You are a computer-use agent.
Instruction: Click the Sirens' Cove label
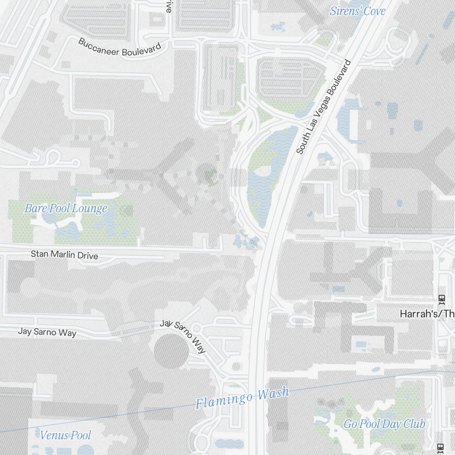357,11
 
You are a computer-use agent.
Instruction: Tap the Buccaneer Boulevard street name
120,48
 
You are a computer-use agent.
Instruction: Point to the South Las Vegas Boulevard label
324,106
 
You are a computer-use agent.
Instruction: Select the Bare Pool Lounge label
66,209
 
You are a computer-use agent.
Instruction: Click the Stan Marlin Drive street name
64,255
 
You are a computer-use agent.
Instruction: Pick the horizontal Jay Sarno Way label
47,332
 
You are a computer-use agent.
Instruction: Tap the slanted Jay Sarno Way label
183,336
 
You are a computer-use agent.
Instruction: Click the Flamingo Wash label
242,398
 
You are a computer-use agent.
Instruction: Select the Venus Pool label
66,435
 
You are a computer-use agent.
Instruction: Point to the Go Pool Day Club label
384,424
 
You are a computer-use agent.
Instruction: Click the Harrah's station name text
427,313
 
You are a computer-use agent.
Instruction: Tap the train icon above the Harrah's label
441,299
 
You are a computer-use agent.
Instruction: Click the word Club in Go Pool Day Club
415,424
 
